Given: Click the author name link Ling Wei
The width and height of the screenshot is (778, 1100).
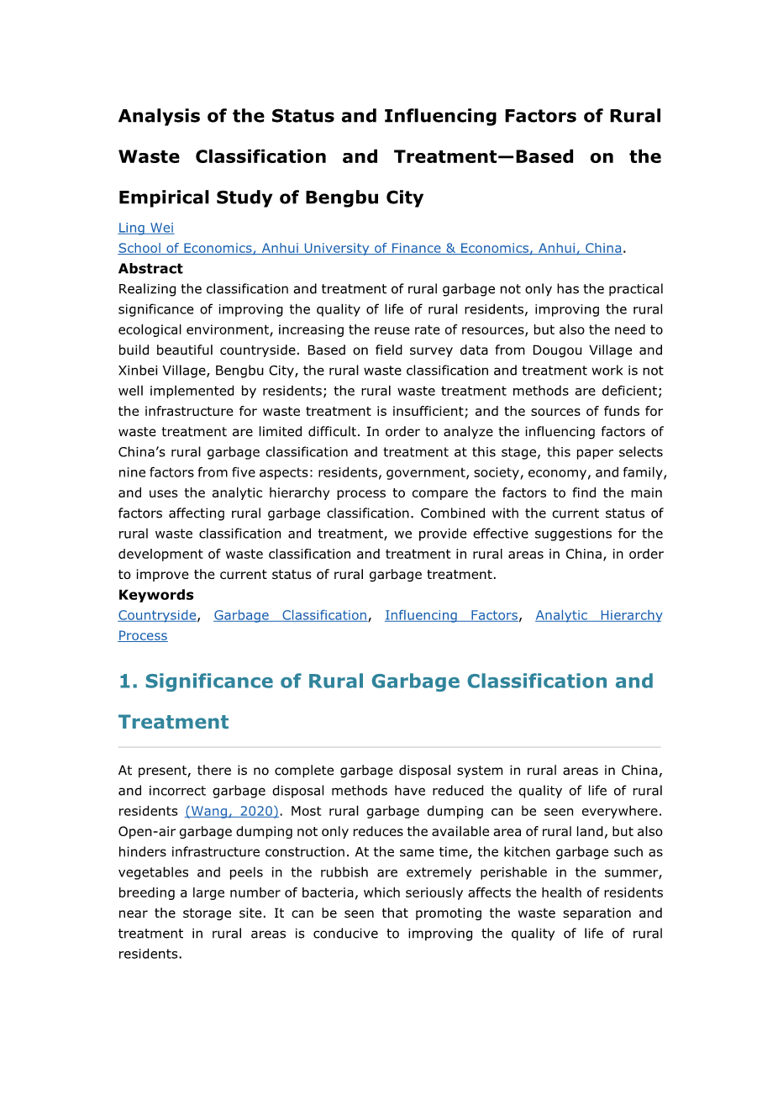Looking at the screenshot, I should [x=146, y=228].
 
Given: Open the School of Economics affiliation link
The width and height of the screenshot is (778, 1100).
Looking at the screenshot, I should [x=370, y=248].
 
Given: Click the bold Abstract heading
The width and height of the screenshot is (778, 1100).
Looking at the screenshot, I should [x=150, y=269].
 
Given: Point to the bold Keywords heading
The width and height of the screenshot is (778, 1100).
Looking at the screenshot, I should [x=155, y=595].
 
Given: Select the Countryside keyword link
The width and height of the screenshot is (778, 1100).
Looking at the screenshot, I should [x=157, y=615].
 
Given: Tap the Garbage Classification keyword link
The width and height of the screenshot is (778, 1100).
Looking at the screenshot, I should [x=290, y=615].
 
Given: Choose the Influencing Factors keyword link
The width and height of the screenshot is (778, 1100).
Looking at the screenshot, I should [x=451, y=615].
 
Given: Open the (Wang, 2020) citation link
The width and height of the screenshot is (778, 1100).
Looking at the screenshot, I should [x=232, y=811].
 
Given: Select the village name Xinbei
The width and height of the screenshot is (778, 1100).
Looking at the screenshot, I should [x=140, y=371].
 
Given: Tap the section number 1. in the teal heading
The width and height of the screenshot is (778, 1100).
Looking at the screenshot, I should [x=128, y=681].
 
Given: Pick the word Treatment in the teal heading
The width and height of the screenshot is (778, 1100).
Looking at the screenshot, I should [x=174, y=722].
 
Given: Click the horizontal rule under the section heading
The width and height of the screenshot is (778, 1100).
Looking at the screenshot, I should [x=389, y=747].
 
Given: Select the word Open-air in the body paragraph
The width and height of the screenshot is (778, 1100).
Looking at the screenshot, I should [x=145, y=831].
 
